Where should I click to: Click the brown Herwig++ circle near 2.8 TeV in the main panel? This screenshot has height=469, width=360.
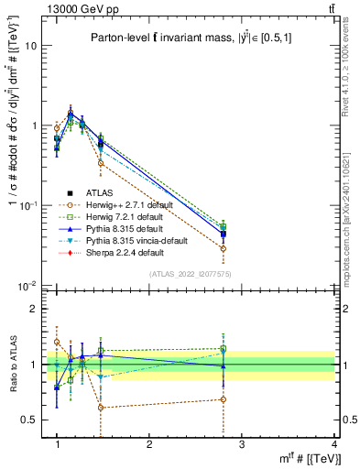[x=223, y=248]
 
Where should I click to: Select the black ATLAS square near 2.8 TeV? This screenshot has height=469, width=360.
[x=223, y=234]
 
